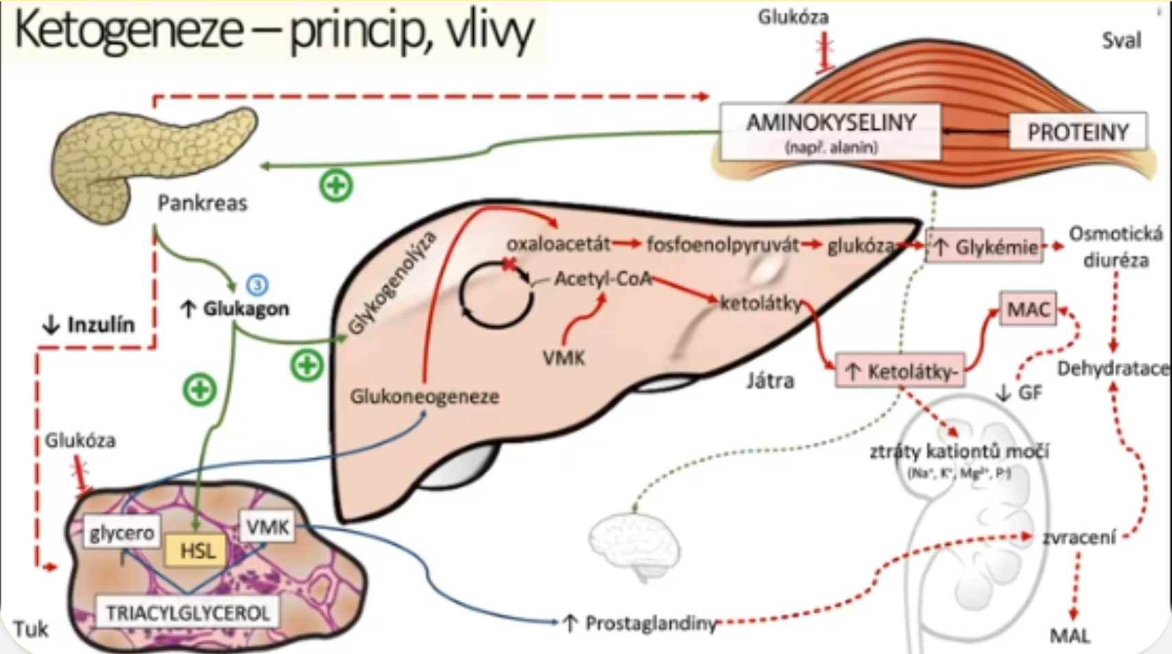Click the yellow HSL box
(x=196, y=550)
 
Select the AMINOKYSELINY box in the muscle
(x=831, y=131)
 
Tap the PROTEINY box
(x=1077, y=131)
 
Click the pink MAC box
(x=1028, y=309)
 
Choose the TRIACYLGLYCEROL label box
(x=187, y=612)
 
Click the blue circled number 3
(x=257, y=284)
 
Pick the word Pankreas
(x=202, y=203)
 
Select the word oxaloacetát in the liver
(x=558, y=243)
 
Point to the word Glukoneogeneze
(x=424, y=396)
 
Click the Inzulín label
(x=89, y=324)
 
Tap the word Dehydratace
(x=1112, y=369)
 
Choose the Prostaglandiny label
(x=649, y=623)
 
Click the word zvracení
(x=1079, y=537)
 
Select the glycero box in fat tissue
(x=122, y=533)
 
